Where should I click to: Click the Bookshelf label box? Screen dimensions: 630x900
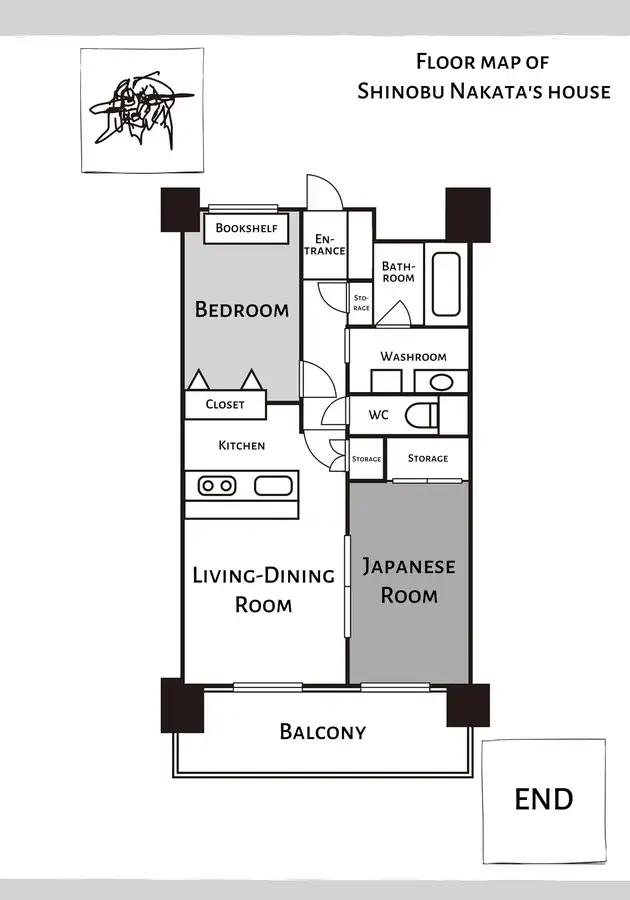click(x=246, y=228)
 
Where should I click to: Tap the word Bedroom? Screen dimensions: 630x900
click(x=242, y=309)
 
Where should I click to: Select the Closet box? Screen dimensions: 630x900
click(x=225, y=405)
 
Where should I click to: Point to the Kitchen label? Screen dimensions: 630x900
click(x=242, y=445)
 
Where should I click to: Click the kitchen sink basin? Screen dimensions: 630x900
click(x=273, y=486)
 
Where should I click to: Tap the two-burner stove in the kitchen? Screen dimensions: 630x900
click(x=217, y=486)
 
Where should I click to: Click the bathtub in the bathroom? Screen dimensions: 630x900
click(x=446, y=284)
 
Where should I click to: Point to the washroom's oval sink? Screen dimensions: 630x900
click(x=441, y=382)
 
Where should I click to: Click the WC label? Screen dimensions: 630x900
click(x=378, y=414)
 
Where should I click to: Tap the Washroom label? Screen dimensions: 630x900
click(x=413, y=356)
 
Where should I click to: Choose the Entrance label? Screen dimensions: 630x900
click(x=325, y=245)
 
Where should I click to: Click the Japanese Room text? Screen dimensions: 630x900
click(x=409, y=581)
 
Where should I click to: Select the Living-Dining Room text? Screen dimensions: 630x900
click(x=263, y=589)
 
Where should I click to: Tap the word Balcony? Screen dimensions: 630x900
click(x=322, y=732)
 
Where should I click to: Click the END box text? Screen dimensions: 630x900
click(x=543, y=799)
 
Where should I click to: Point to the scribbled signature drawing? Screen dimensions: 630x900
click(x=142, y=110)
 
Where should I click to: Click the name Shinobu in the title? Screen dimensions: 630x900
click(x=400, y=91)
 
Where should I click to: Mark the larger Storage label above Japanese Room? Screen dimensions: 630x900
click(x=428, y=458)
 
